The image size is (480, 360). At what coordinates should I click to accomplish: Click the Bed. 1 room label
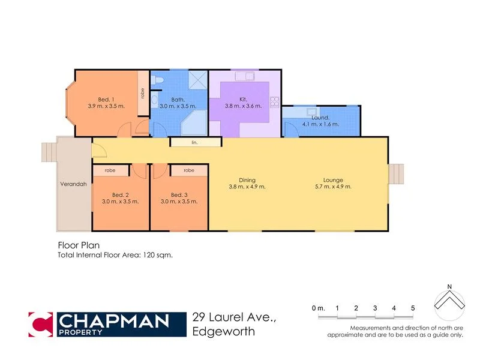(x=106, y=100)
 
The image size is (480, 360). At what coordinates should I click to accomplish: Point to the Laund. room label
(x=320, y=118)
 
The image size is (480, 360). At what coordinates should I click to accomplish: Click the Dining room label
(x=247, y=180)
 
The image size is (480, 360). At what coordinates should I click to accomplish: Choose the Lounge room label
(x=332, y=180)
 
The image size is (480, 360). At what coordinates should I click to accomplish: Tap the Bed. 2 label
(x=121, y=195)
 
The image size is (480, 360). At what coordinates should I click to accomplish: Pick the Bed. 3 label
(x=179, y=195)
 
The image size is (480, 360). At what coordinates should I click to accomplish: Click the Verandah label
(x=73, y=184)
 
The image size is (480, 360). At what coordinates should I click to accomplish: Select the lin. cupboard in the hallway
(x=195, y=143)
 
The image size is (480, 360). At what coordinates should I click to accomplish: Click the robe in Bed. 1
(x=143, y=94)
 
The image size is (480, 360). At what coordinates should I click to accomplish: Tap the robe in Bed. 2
(x=110, y=170)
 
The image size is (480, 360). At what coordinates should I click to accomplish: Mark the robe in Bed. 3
(x=188, y=170)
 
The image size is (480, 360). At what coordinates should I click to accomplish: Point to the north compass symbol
(x=449, y=303)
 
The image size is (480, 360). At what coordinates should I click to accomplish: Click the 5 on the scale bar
(x=413, y=308)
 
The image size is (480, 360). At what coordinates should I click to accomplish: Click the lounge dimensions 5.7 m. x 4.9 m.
(x=332, y=187)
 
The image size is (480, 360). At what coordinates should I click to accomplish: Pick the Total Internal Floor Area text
(x=115, y=255)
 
